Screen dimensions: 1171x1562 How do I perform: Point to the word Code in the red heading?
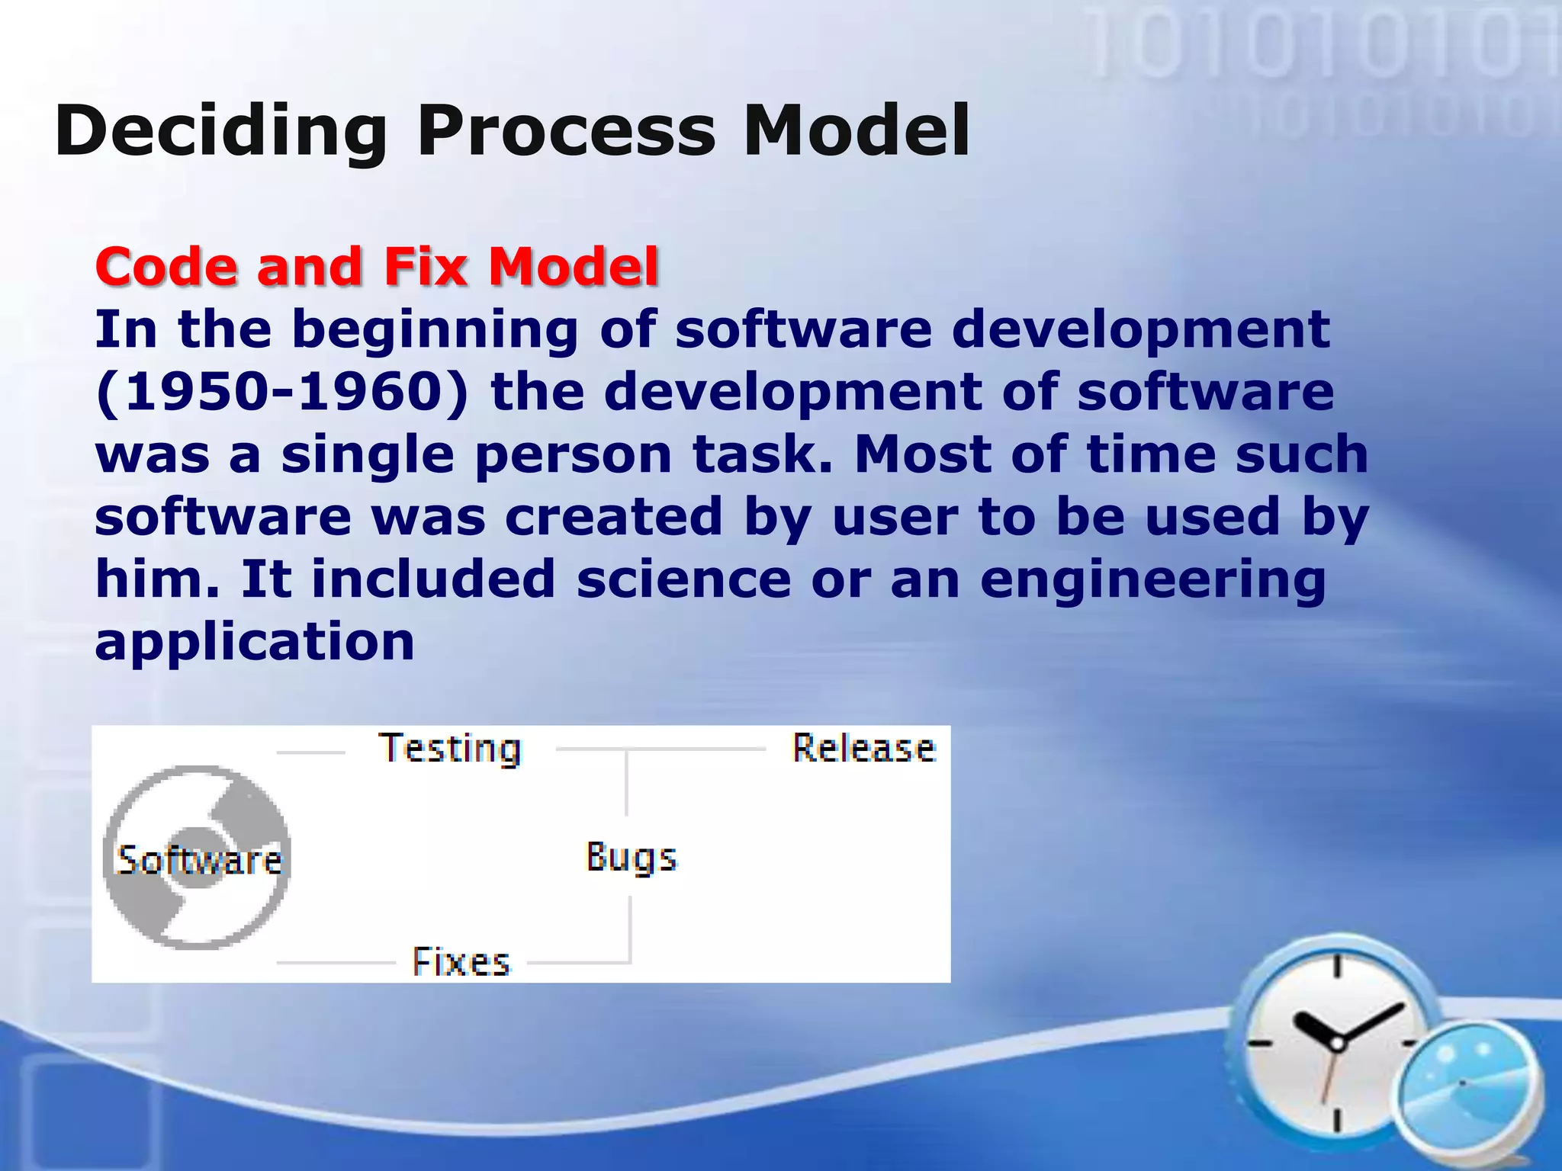click(166, 267)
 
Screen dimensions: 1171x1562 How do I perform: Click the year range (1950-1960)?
click(282, 393)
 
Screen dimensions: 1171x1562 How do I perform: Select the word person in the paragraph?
click(573, 456)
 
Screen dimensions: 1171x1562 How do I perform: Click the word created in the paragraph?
click(613, 518)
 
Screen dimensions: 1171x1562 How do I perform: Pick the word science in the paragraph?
click(683, 579)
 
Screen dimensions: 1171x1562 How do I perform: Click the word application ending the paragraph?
click(255, 642)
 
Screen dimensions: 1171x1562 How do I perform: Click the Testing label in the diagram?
click(450, 749)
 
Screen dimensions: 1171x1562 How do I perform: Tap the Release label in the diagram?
click(863, 749)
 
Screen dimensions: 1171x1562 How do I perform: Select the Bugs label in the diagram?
click(631, 858)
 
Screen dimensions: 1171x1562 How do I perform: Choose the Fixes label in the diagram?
click(461, 962)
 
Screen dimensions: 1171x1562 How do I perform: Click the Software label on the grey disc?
click(199, 861)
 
